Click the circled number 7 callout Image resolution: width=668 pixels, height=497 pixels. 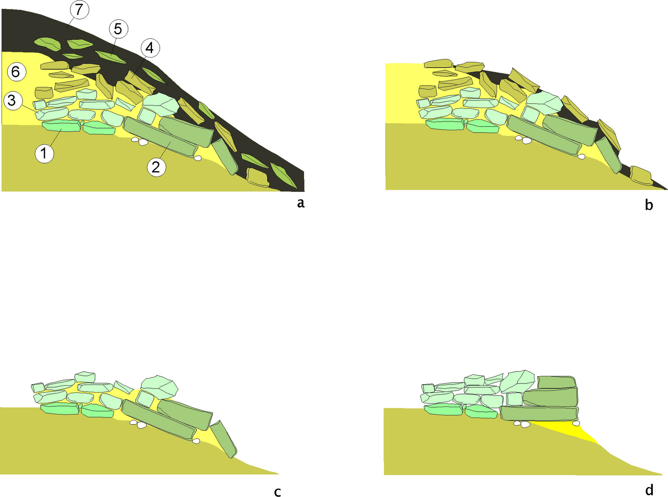[x=79, y=9]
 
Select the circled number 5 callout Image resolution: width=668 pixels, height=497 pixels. [x=118, y=29]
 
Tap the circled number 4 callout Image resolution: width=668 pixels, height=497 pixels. [x=150, y=48]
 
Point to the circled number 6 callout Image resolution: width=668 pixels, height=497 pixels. [x=16, y=72]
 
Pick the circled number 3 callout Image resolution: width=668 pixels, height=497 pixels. [x=13, y=101]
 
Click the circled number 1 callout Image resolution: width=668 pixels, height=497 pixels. [x=44, y=153]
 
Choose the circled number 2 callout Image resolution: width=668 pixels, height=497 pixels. [x=156, y=167]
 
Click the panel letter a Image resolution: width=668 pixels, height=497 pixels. [x=301, y=203]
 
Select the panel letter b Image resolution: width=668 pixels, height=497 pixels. [x=649, y=205]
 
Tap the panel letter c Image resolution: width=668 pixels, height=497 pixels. [x=277, y=492]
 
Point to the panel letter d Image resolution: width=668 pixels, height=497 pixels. [x=649, y=490]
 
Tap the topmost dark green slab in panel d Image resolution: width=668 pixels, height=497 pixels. [x=556, y=382]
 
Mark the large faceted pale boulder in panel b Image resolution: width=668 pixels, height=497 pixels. [x=544, y=102]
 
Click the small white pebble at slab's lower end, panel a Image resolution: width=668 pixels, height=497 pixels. [x=198, y=158]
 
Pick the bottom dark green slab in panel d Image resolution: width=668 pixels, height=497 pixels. [x=539, y=413]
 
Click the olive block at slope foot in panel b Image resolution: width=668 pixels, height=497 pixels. [x=641, y=176]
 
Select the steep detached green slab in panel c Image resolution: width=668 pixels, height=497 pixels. [x=223, y=439]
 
